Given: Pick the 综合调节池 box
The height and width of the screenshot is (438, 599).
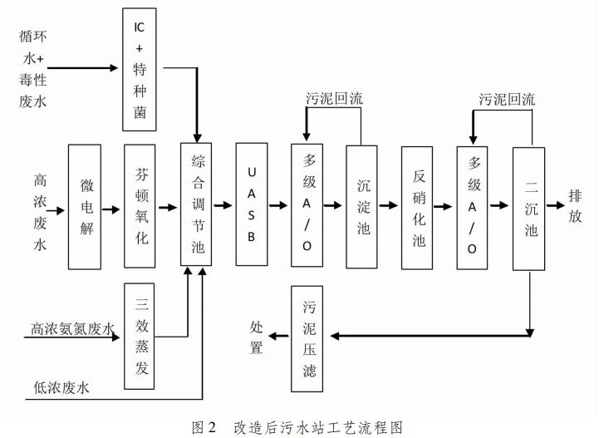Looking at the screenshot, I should [x=198, y=206].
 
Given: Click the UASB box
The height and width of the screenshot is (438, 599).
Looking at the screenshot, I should [x=252, y=206].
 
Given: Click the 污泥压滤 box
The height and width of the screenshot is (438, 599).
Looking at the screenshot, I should [x=309, y=337].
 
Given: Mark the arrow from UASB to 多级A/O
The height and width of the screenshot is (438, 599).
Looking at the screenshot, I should [x=280, y=207].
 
